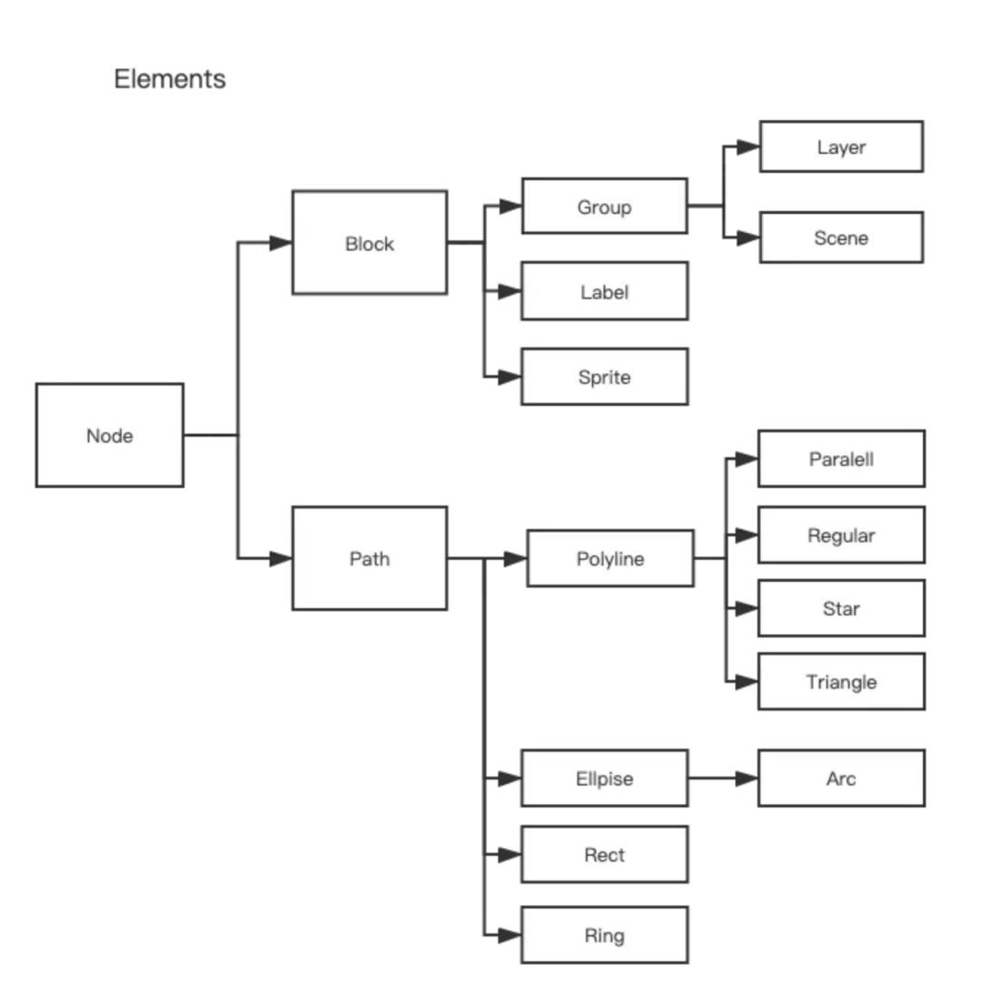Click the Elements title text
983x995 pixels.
(x=169, y=79)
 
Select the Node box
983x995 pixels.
(x=109, y=435)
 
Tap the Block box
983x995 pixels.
(x=369, y=243)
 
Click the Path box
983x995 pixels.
(x=369, y=558)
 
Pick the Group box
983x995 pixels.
(x=603, y=207)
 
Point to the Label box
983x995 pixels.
(x=603, y=291)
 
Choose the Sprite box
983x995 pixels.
(x=603, y=376)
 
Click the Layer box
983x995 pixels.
(x=841, y=147)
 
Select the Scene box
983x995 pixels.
(x=841, y=238)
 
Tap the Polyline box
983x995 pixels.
(x=610, y=558)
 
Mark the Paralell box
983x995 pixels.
(x=841, y=459)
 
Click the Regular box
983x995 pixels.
(x=841, y=535)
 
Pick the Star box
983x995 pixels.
(x=841, y=608)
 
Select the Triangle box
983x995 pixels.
(x=841, y=681)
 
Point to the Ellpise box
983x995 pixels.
(x=603, y=778)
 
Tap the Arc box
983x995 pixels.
(x=841, y=778)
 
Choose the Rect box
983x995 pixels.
(x=603, y=854)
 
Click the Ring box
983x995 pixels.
(x=603, y=935)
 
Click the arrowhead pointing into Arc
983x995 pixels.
(x=746, y=778)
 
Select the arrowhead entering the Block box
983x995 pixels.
(x=280, y=243)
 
